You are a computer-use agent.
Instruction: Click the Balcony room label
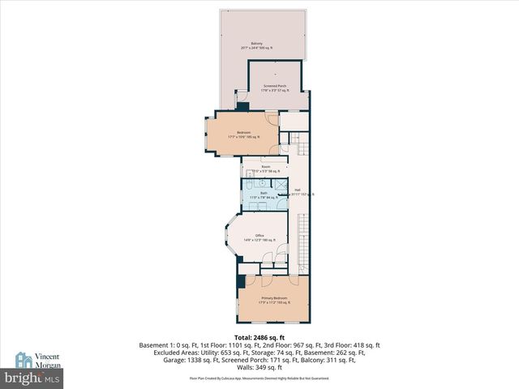256,44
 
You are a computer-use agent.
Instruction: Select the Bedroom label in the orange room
243,132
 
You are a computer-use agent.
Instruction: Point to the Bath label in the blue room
264,193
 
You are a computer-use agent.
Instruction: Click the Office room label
259,236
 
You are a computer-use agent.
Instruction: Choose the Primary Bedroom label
273,298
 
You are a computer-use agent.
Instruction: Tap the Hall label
298,190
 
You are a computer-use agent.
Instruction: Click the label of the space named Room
265,166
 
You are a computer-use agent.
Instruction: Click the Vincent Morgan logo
32,361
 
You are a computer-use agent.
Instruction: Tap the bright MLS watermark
32,378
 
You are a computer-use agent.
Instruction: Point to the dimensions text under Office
259,241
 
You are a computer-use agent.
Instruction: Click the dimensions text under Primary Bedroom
273,303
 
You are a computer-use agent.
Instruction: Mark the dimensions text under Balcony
256,49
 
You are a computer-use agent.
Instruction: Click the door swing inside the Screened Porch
241,100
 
